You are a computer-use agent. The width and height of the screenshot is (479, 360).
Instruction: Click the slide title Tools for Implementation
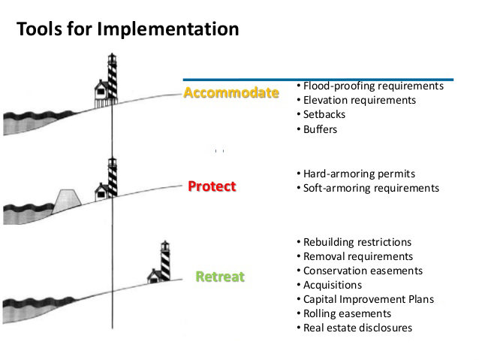(128, 29)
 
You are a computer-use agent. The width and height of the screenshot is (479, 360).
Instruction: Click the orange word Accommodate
(230, 93)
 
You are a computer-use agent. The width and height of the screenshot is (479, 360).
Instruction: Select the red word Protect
(212, 186)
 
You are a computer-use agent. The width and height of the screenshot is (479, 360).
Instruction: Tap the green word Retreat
(220, 276)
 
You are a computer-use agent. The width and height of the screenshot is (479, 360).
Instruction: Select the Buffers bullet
(320, 129)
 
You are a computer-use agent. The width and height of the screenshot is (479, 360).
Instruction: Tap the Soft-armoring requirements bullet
(368, 188)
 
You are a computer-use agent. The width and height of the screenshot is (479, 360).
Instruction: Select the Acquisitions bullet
(332, 285)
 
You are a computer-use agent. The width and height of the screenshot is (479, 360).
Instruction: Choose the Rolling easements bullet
(347, 313)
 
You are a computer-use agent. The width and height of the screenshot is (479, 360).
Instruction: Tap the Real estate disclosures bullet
(357, 328)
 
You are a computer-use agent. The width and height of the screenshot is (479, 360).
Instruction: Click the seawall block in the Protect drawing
(68, 199)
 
